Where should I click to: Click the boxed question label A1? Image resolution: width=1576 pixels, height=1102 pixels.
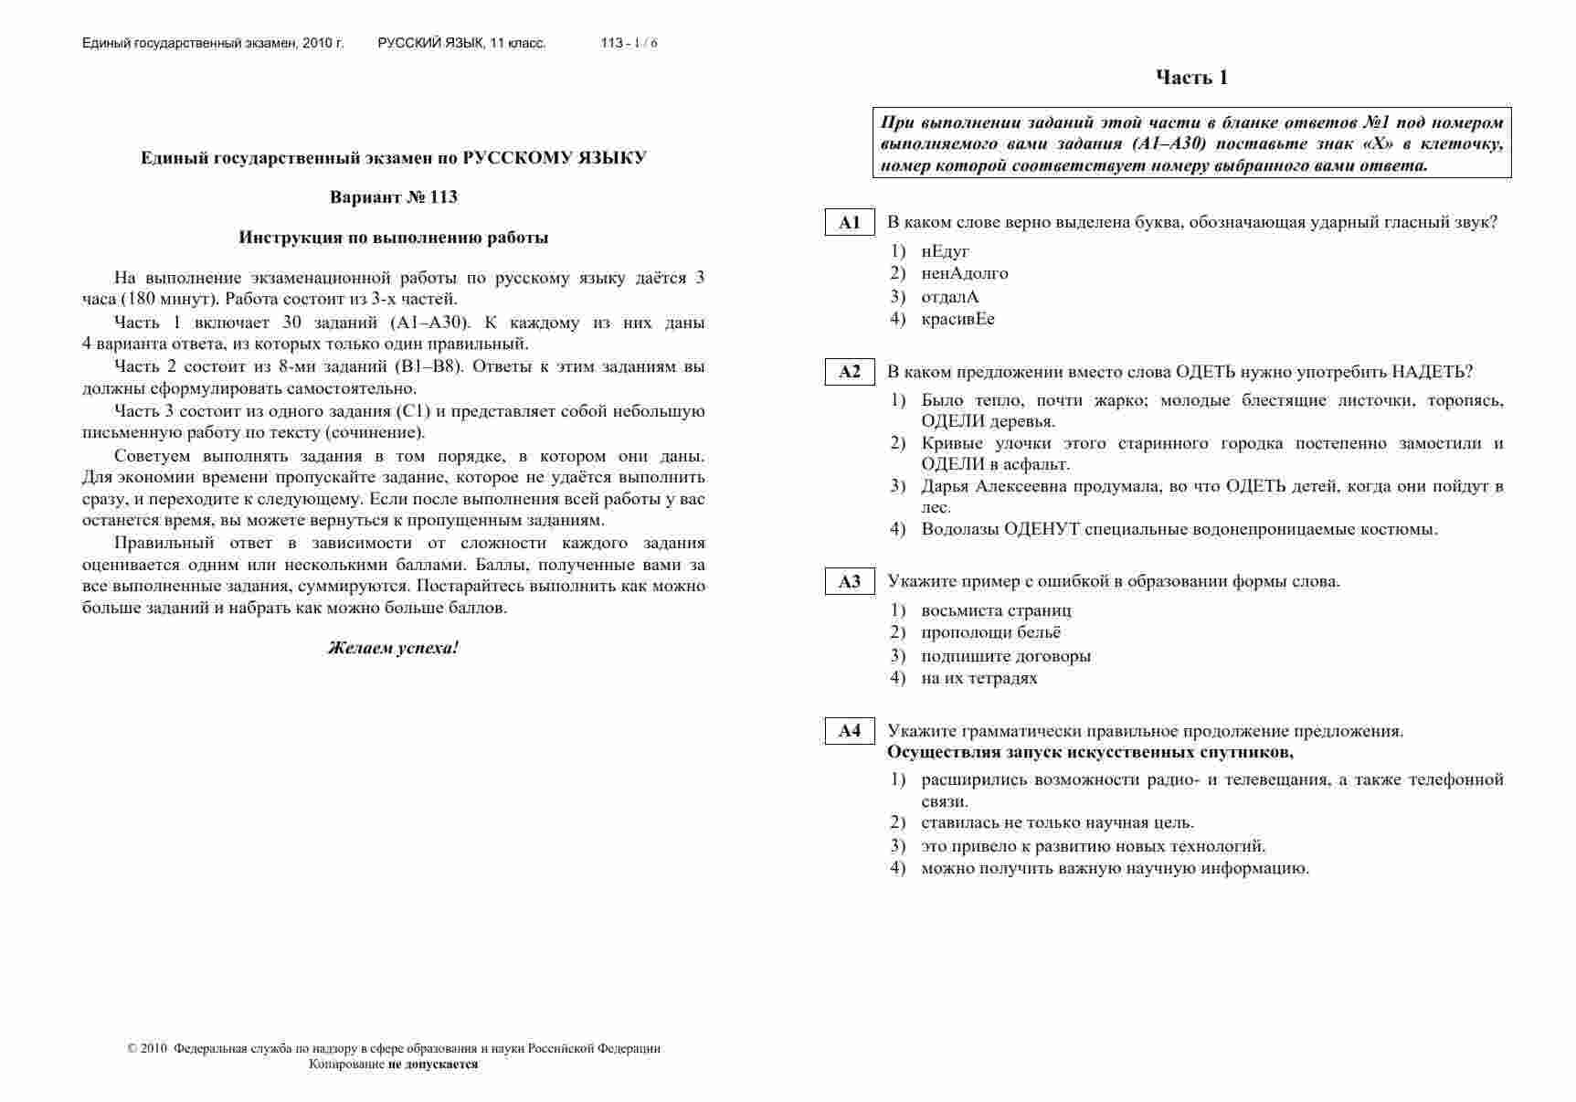point(850,222)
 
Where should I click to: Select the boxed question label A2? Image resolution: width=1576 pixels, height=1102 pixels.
point(850,371)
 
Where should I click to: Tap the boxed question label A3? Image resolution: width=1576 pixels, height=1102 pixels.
point(850,581)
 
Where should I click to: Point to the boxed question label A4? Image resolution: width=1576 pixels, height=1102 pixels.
point(850,730)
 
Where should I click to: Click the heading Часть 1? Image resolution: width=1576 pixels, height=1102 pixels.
point(1191,78)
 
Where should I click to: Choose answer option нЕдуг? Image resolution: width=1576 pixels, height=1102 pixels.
point(945,251)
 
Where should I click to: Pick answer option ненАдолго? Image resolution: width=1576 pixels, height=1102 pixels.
point(965,273)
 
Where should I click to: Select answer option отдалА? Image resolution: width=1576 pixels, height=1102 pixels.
point(950,297)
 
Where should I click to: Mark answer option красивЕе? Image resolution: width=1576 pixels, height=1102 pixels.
point(957,319)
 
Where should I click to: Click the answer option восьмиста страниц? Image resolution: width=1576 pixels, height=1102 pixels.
point(996,610)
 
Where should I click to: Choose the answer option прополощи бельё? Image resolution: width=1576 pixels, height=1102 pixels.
point(990,632)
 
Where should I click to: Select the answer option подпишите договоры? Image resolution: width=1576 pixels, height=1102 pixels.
point(1006,656)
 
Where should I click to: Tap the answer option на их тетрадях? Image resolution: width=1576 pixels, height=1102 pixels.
point(979,678)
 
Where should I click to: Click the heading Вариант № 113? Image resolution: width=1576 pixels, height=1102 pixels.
point(393,197)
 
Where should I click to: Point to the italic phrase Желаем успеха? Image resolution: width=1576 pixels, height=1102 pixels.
point(393,648)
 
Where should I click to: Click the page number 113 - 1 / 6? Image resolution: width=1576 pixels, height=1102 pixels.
point(629,43)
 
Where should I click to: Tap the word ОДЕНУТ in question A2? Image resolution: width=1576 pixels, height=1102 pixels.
point(1042,529)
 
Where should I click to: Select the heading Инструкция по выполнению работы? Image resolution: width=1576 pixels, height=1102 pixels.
point(394,238)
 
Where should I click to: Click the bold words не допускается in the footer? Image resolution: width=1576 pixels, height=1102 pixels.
point(433,1065)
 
